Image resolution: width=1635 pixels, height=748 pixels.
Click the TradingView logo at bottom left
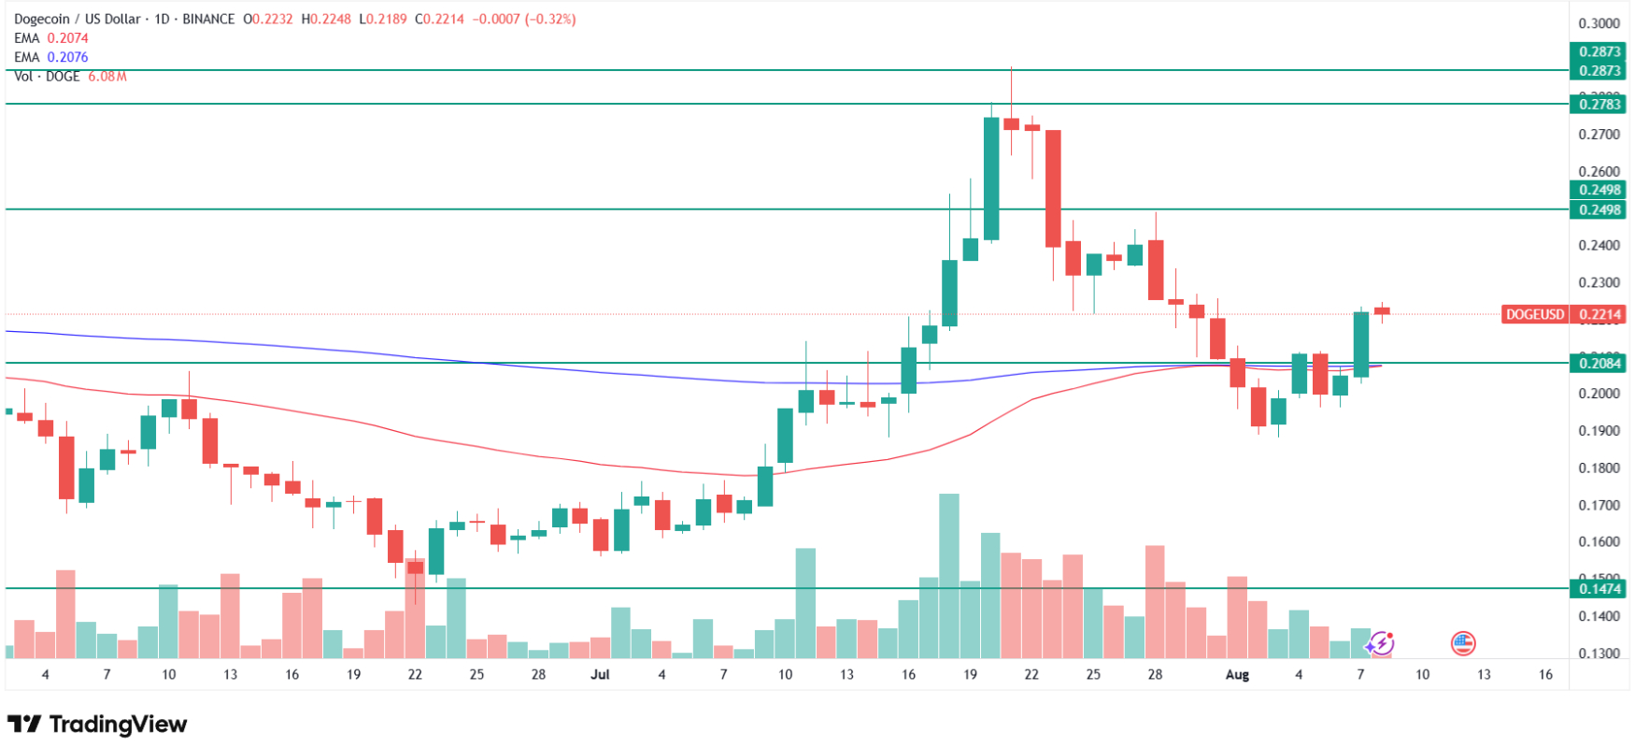(97, 725)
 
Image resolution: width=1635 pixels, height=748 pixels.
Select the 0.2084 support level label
(1599, 363)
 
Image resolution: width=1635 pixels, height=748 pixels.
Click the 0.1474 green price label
(1599, 588)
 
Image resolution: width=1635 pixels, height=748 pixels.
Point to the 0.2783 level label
(1599, 104)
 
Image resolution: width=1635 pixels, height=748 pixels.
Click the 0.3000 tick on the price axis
(1599, 23)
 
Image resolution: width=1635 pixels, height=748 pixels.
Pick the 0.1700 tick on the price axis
(1599, 505)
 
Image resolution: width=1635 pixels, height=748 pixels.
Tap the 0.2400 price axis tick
(1599, 245)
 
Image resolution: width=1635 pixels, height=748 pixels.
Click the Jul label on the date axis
(600, 674)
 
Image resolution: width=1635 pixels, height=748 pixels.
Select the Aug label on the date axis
(1236, 674)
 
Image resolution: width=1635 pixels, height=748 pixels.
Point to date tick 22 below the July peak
(1031, 674)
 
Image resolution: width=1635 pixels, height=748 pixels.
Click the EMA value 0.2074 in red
(68, 38)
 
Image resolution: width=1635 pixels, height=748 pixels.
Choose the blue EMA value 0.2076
(68, 57)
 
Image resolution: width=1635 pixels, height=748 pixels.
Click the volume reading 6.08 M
(107, 76)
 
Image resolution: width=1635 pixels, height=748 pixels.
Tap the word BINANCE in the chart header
(208, 19)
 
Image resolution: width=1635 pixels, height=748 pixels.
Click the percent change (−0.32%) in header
(551, 19)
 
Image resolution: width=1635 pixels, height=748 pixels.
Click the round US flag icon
(1462, 643)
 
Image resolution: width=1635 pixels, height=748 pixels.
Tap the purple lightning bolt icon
(1381, 643)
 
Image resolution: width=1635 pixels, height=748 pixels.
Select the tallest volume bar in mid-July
(949, 575)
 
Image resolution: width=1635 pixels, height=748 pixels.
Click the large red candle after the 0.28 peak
(1053, 188)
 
